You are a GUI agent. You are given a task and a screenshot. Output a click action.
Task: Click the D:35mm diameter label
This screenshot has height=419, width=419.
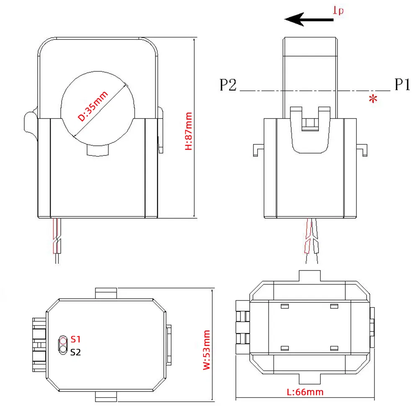pyautogui.click(x=93, y=106)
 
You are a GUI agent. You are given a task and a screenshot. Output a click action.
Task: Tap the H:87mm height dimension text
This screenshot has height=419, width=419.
pyautogui.click(x=189, y=131)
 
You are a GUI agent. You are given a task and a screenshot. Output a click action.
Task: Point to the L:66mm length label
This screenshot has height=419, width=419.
pyautogui.click(x=305, y=392)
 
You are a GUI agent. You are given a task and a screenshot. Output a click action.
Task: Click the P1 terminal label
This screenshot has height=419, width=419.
pyautogui.click(x=401, y=85)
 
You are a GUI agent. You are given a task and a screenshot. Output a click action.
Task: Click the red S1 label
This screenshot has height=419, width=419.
pyautogui.click(x=75, y=339)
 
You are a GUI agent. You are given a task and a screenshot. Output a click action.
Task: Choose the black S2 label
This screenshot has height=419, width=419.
pyautogui.click(x=75, y=352)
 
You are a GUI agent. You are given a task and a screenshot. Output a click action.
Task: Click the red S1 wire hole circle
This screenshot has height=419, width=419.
pyautogui.click(x=63, y=340)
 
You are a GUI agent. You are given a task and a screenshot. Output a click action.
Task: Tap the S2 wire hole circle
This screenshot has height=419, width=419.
pyautogui.click(x=63, y=349)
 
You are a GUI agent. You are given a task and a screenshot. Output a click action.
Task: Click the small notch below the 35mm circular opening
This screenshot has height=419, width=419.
pyautogui.click(x=99, y=150)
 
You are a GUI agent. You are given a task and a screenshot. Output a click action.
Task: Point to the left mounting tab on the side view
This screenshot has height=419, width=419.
pyautogui.click(x=258, y=150)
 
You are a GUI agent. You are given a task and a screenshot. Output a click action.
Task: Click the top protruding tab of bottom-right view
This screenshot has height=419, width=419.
pyautogui.click(x=310, y=276)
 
